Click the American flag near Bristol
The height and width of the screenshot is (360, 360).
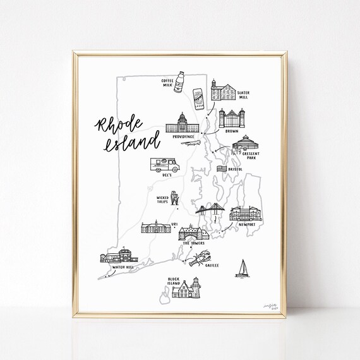pos(221,169)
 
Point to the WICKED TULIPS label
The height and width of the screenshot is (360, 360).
pos(159,200)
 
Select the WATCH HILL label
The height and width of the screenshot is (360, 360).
pos(121,267)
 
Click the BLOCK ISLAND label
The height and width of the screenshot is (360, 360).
pos(175,281)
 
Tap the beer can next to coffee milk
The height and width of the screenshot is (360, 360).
pos(198,99)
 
